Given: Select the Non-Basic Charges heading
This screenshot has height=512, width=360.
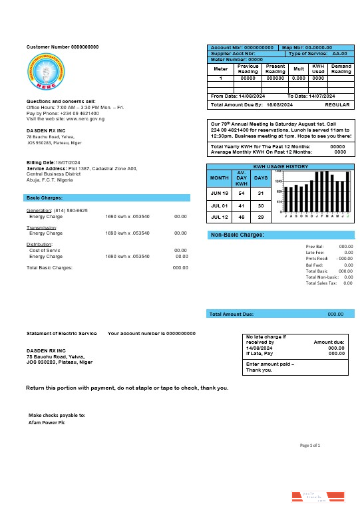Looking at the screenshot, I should (238, 235).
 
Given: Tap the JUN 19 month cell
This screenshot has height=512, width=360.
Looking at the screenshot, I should (219, 193).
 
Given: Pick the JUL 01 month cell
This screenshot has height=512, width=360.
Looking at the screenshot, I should (219, 206).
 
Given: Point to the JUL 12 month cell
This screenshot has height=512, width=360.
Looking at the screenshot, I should (219, 217).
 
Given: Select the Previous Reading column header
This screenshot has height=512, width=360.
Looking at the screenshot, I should (248, 68).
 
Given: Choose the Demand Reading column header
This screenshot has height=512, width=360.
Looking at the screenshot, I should (341, 68).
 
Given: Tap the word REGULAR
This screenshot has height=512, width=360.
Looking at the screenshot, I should (337, 105).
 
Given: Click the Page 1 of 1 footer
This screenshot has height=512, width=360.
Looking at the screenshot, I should (310, 445).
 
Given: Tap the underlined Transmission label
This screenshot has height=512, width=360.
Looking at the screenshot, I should (41, 227).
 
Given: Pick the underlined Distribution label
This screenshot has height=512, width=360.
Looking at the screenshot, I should (40, 245).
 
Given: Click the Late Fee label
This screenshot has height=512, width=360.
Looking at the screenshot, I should (314, 253).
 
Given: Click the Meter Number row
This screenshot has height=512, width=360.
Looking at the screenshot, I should (237, 59).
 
